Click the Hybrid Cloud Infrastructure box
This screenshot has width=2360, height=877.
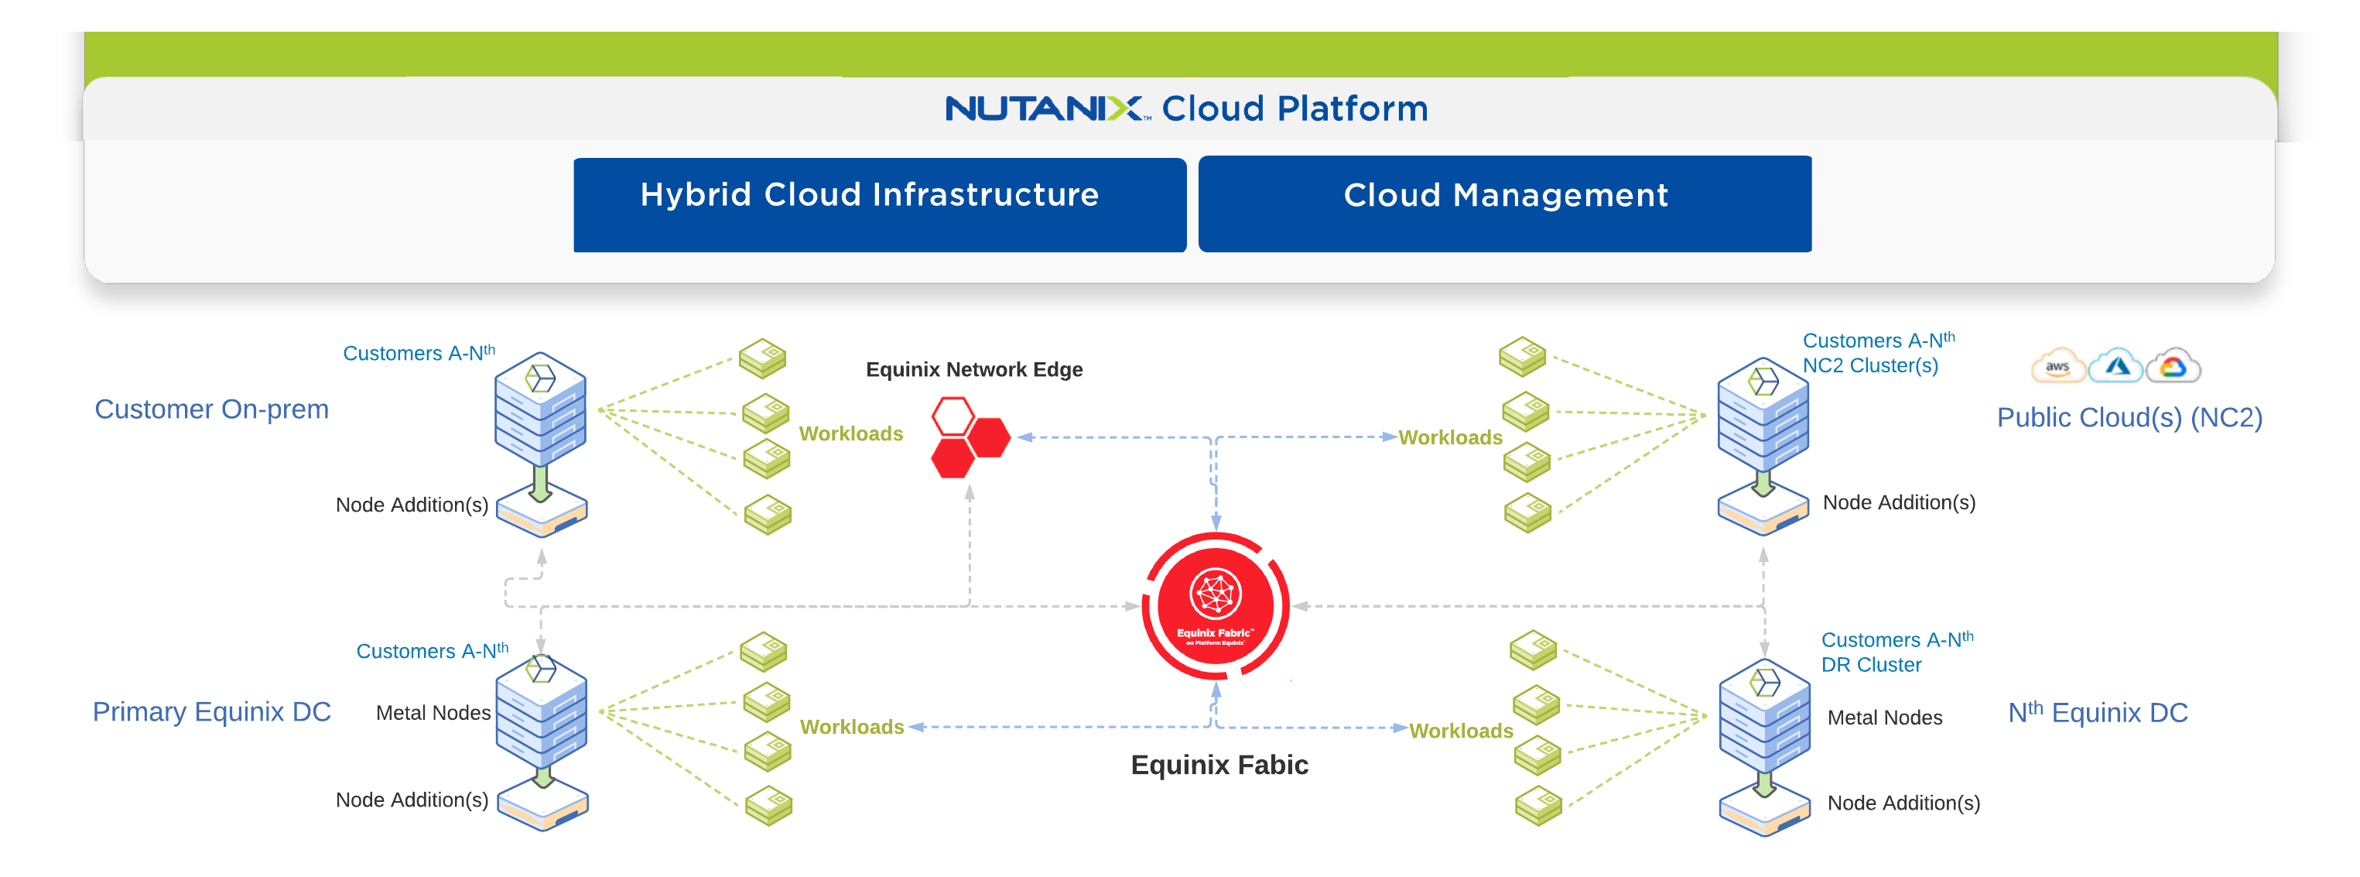coord(880,204)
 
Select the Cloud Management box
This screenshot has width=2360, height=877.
coord(1504,204)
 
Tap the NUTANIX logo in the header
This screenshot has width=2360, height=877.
coord(1044,109)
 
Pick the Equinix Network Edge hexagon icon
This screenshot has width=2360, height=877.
coord(970,437)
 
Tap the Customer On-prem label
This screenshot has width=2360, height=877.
coord(212,409)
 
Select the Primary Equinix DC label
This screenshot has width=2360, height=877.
coord(212,712)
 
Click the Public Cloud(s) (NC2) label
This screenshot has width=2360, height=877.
coord(2129,418)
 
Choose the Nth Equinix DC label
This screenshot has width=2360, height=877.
coord(2098,712)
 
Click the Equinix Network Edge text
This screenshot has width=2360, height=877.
coord(974,369)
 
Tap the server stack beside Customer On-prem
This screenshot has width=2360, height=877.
coord(541,409)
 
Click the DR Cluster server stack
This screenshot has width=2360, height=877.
coord(1763,714)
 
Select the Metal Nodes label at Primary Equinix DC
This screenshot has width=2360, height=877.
coord(433,713)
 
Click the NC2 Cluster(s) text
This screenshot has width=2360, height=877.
coord(1870,365)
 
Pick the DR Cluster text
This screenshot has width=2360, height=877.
coord(1871,666)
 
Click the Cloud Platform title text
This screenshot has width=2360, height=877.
coord(1295,109)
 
